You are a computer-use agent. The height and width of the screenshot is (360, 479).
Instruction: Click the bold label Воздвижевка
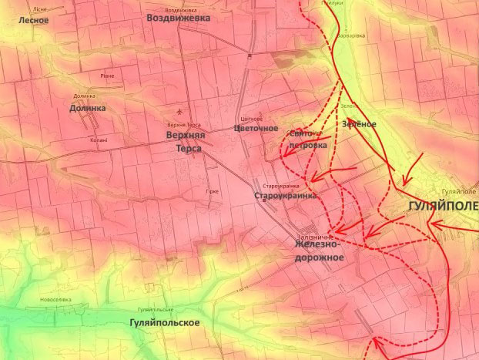click(x=178, y=17)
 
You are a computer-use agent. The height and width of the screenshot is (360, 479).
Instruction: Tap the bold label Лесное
click(x=33, y=20)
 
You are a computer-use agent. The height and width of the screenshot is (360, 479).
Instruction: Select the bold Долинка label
click(x=87, y=109)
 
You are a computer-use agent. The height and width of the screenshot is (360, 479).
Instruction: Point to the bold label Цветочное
click(x=255, y=128)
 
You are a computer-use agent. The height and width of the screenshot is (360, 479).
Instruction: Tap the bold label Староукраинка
click(x=285, y=197)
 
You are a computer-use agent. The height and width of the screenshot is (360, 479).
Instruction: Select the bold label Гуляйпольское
click(x=165, y=322)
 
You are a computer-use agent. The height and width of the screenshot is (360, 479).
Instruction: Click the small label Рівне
click(x=107, y=76)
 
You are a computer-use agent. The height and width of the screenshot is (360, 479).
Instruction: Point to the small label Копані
click(x=98, y=140)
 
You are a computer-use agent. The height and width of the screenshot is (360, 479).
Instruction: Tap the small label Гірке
click(x=213, y=190)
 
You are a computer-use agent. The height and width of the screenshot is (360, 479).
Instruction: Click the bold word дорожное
click(x=319, y=257)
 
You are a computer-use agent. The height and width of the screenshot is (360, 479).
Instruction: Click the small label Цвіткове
click(x=252, y=118)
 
